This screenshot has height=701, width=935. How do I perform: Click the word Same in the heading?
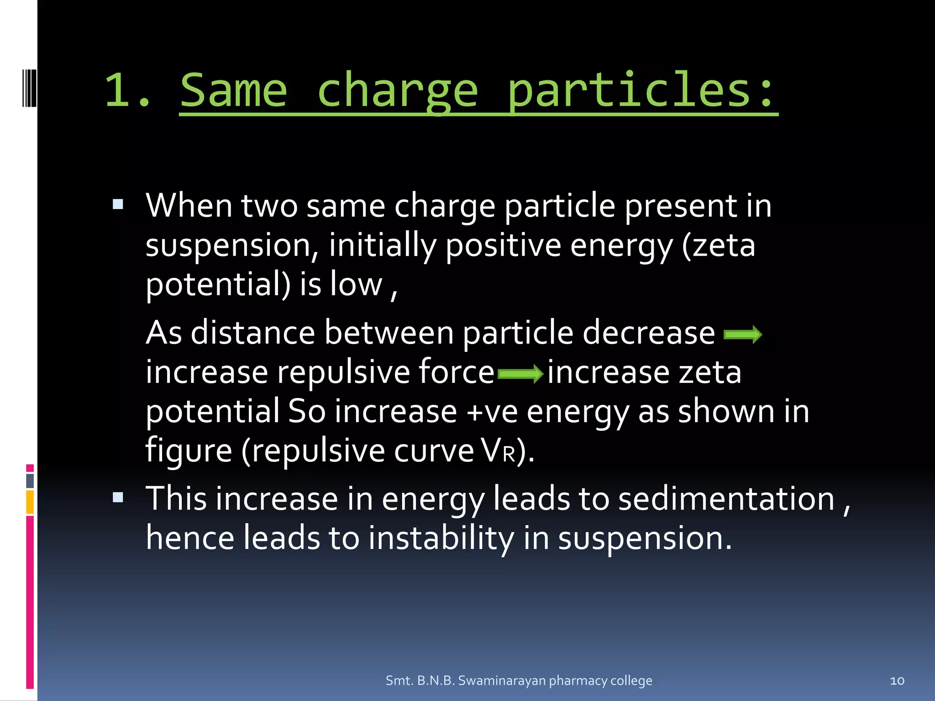233,90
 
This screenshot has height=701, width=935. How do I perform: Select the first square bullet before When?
118,204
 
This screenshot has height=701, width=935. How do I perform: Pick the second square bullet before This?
118,497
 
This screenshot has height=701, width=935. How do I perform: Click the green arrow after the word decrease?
743,335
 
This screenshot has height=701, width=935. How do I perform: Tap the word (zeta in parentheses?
718,245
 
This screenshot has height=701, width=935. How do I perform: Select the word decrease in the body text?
648,332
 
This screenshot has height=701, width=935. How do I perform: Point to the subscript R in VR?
509,455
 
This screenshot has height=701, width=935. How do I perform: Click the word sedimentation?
726,498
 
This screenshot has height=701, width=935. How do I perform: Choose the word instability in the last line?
441,538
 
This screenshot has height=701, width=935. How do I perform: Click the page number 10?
897,680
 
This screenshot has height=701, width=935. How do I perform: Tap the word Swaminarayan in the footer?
501,680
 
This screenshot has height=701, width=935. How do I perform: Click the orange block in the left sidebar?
30,502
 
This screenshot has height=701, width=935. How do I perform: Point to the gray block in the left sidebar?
30,481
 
